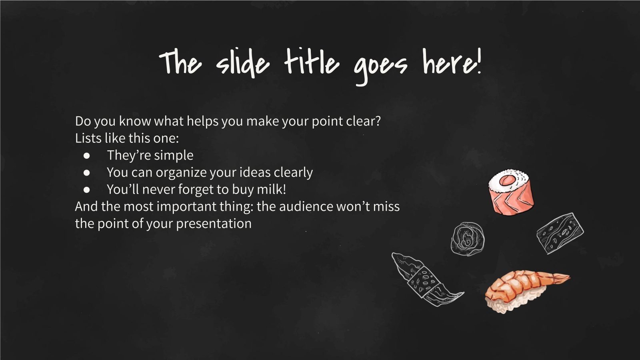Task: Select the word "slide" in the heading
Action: (242, 64)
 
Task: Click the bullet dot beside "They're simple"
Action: (87, 155)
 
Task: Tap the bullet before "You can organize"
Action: (87, 172)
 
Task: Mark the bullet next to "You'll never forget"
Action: (87, 190)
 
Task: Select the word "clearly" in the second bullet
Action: (293, 172)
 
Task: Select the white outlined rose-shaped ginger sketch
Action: (467, 239)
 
